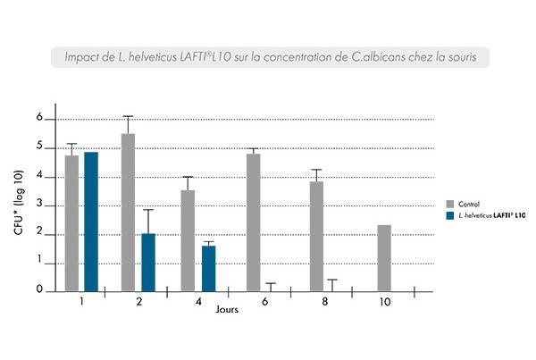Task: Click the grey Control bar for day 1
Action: click(71, 223)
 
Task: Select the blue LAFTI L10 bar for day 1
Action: click(90, 222)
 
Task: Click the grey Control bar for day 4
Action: click(188, 241)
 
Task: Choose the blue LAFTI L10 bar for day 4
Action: click(208, 269)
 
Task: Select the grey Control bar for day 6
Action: click(253, 222)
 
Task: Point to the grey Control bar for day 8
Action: click(316, 237)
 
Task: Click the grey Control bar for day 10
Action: click(384, 258)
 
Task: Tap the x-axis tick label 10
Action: click(384, 303)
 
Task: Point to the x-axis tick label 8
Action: click(324, 303)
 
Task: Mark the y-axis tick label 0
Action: click(39, 290)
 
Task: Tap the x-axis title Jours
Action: click(226, 311)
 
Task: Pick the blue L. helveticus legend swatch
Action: click(449, 215)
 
